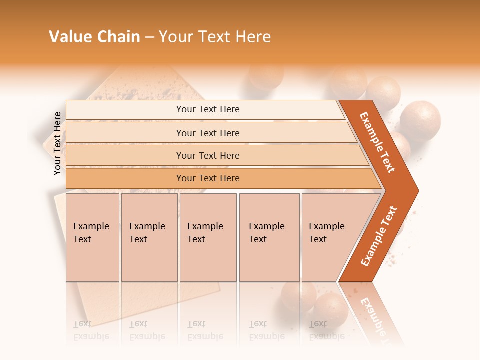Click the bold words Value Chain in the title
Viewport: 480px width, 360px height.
pyautogui.click(x=94, y=37)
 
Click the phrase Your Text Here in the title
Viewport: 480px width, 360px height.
pyautogui.click(x=215, y=37)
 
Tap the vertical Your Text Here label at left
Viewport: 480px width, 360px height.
pyautogui.click(x=57, y=143)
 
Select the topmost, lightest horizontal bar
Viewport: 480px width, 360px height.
pyautogui.click(x=207, y=109)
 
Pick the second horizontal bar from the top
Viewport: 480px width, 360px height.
pyautogui.click(x=207, y=133)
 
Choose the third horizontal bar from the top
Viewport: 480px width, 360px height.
pyautogui.click(x=207, y=155)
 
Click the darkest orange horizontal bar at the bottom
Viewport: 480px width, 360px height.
pyautogui.click(x=207, y=178)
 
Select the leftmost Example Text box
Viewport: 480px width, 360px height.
pyautogui.click(x=92, y=237)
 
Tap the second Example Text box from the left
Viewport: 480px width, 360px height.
pyautogui.click(x=149, y=237)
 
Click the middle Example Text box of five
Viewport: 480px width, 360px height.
pyautogui.click(x=208, y=237)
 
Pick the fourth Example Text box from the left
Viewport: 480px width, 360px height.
pyautogui.click(x=269, y=237)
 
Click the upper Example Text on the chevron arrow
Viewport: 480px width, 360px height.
pyautogui.click(x=377, y=142)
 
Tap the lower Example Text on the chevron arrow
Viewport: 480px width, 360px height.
pyautogui.click(x=379, y=236)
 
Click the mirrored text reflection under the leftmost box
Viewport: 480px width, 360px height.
pyautogui.click(x=91, y=330)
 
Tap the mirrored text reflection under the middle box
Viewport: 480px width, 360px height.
pyautogui.click(x=205, y=330)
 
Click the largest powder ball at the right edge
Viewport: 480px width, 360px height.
pyautogui.click(x=420, y=120)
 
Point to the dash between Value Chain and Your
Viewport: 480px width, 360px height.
pyautogui.click(x=149, y=37)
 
